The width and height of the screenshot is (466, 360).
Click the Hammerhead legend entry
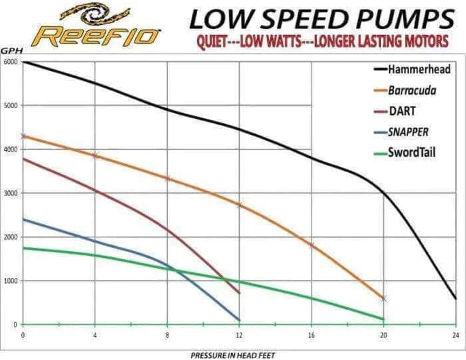[x=413, y=69]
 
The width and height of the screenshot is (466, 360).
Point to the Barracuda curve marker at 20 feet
[x=384, y=298]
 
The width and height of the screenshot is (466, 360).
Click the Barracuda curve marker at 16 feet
[x=311, y=245]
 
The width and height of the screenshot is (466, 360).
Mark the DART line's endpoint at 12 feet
[x=239, y=293]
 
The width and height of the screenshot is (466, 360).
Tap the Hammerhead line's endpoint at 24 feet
[x=455, y=298]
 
